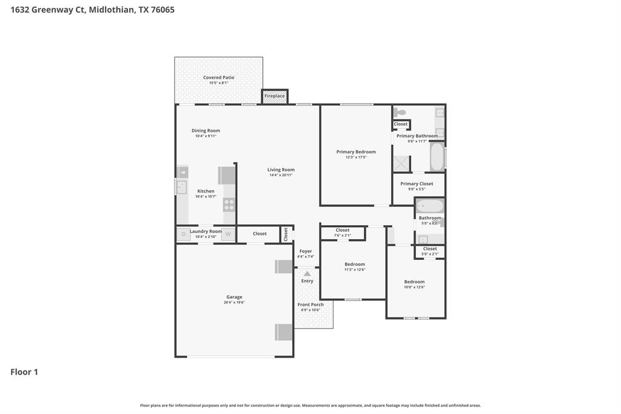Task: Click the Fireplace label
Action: click(x=275, y=96)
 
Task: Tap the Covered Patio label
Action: click(x=218, y=78)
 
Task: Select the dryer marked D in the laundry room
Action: click(x=183, y=234)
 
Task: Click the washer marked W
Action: click(x=229, y=234)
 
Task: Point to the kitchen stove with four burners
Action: click(x=229, y=204)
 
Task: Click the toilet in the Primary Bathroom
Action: click(x=400, y=112)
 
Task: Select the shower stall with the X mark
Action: click(x=401, y=163)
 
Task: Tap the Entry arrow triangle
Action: click(x=307, y=274)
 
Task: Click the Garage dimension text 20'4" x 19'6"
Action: click(x=235, y=302)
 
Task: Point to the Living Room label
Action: click(x=281, y=170)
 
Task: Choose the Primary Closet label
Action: click(x=417, y=183)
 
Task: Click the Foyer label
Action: click(x=306, y=251)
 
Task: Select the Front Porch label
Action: click(x=310, y=305)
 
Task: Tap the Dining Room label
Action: click(x=206, y=131)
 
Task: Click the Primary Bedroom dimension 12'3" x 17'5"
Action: click(x=356, y=157)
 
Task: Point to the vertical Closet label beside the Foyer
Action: click(x=286, y=234)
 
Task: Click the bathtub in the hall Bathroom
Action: click(x=429, y=206)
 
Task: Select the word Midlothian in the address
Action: click(x=111, y=10)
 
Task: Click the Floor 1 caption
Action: click(x=24, y=372)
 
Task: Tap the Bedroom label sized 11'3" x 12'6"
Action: click(x=355, y=264)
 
